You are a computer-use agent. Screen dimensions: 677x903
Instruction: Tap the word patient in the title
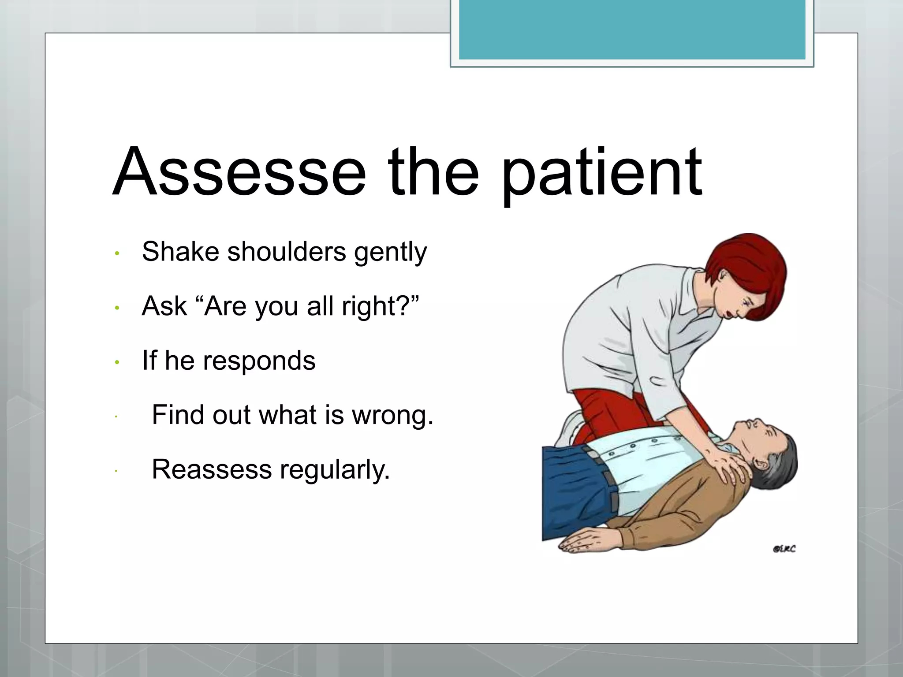click(x=602, y=174)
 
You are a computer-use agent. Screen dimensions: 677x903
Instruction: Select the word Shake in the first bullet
click(x=180, y=252)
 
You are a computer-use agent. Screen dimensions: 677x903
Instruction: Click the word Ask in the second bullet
click(x=164, y=306)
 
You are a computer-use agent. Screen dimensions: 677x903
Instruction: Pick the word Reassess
click(x=212, y=469)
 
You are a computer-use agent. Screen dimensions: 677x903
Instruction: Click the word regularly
click(x=335, y=470)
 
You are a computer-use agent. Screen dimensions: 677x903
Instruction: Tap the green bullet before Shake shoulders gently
click(x=117, y=253)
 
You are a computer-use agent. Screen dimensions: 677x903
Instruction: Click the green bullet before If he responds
click(x=117, y=362)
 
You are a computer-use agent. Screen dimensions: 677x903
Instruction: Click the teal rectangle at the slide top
click(x=632, y=30)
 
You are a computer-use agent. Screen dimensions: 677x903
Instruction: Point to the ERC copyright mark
click(x=784, y=549)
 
